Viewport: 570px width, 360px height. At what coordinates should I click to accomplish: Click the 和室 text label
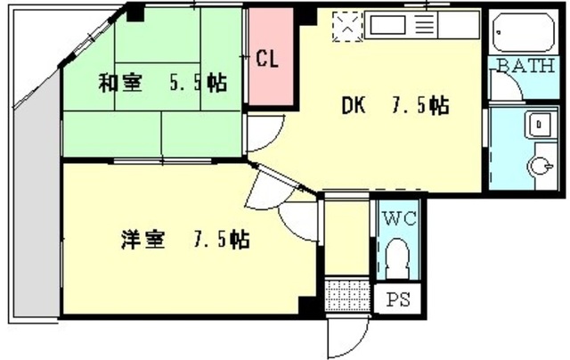[118, 84]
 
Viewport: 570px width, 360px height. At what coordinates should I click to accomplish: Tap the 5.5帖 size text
[197, 84]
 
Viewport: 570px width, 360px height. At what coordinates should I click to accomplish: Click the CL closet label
[267, 60]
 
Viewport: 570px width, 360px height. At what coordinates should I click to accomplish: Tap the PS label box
[394, 300]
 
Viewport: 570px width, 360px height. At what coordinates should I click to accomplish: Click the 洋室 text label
[142, 240]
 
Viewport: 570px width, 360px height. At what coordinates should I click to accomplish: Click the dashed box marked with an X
[346, 27]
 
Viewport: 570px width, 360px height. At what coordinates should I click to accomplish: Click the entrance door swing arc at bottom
[345, 337]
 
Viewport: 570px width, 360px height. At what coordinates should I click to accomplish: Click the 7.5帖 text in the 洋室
[222, 240]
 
